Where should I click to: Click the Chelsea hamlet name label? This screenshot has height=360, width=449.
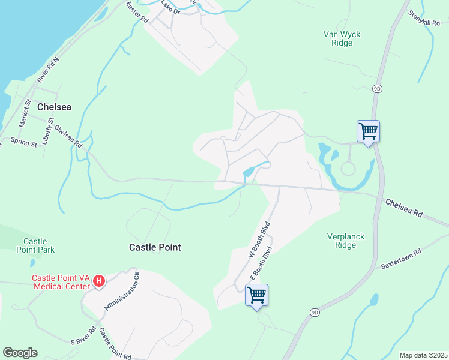click(x=54, y=107)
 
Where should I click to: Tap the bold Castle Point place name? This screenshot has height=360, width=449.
click(x=155, y=247)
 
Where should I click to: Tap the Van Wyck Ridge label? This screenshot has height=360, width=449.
click(x=342, y=38)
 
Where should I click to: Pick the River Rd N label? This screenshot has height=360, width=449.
click(x=50, y=70)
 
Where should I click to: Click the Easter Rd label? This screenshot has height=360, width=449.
click(x=137, y=12)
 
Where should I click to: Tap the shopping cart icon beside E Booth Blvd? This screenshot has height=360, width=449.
click(x=257, y=295)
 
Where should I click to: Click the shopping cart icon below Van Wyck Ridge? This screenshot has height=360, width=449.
click(x=368, y=130)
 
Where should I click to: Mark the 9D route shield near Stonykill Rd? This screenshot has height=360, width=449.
click(x=377, y=89)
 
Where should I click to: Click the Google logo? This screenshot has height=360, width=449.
click(x=20, y=353)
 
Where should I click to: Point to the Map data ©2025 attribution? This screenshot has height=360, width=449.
click(x=423, y=355)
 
